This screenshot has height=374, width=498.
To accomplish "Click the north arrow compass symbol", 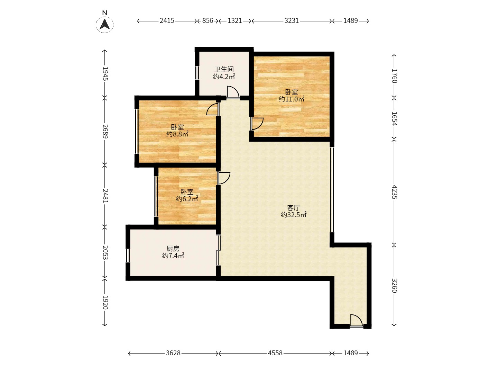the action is coord(104,24).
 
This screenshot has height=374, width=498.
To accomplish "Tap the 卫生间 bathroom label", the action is coord(224,69).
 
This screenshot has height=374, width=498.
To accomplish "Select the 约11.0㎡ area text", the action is coord(291,99).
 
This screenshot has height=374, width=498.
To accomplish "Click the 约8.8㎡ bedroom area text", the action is coord(177,134).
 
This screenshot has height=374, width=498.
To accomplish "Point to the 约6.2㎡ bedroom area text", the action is coord(187,199).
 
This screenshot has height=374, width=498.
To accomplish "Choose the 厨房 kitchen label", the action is coord(173,249).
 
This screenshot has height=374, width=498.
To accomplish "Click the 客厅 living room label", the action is coord(294,207).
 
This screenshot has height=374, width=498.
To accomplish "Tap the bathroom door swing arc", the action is coord(233,92).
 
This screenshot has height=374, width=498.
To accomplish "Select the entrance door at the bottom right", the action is coord(356,321).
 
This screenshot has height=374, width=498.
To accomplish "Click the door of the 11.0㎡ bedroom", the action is coord(257,124).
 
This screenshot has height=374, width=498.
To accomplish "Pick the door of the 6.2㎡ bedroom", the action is coord(224,178).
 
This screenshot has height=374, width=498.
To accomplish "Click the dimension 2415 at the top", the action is coord(167,21).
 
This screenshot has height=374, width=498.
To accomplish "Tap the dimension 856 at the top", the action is coord(207,21).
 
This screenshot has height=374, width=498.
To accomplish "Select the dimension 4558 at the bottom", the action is coord(275,353).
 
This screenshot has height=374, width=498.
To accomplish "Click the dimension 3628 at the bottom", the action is coord(173,353).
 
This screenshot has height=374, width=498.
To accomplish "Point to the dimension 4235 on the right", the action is coord(394,192).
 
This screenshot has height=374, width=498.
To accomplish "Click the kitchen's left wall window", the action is coord(128,256).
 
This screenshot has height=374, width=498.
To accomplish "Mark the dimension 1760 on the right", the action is coord(394,76).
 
